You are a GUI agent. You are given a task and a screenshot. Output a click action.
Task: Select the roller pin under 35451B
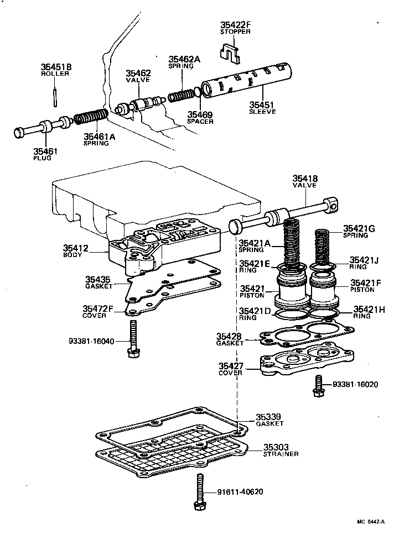[x=55, y=96]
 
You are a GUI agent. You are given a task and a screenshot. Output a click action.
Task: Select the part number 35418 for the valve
[x=304, y=178]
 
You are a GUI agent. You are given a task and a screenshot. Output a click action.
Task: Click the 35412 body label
[x=75, y=248]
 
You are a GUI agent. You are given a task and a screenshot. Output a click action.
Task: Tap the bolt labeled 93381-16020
[x=318, y=385]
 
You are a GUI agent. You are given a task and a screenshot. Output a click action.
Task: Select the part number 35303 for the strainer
[x=276, y=447]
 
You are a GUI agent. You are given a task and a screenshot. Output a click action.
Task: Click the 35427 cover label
[x=232, y=366]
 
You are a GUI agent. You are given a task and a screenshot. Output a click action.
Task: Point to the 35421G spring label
[x=359, y=228]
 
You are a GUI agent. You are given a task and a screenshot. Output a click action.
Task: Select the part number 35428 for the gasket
[x=230, y=336]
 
